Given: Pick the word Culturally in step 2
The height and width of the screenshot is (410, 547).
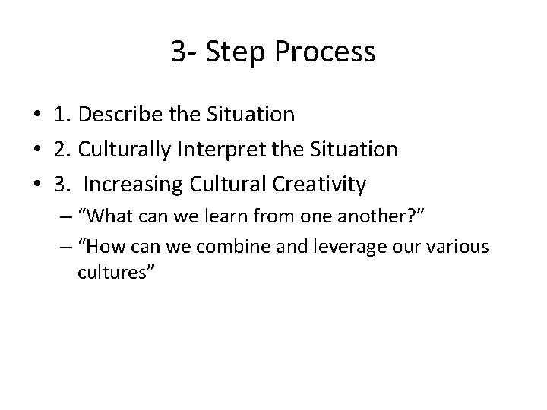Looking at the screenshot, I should [128, 150].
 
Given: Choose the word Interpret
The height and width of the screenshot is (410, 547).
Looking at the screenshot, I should [238, 150].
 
